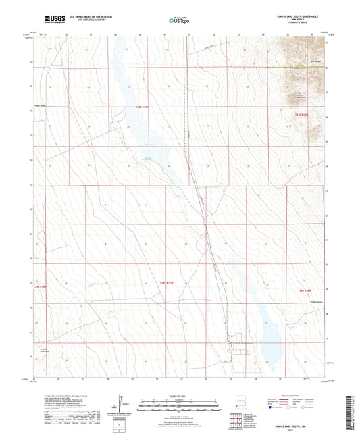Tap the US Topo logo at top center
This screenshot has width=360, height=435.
coord(179,21)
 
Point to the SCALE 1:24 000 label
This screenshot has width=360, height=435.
coord(179,395)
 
